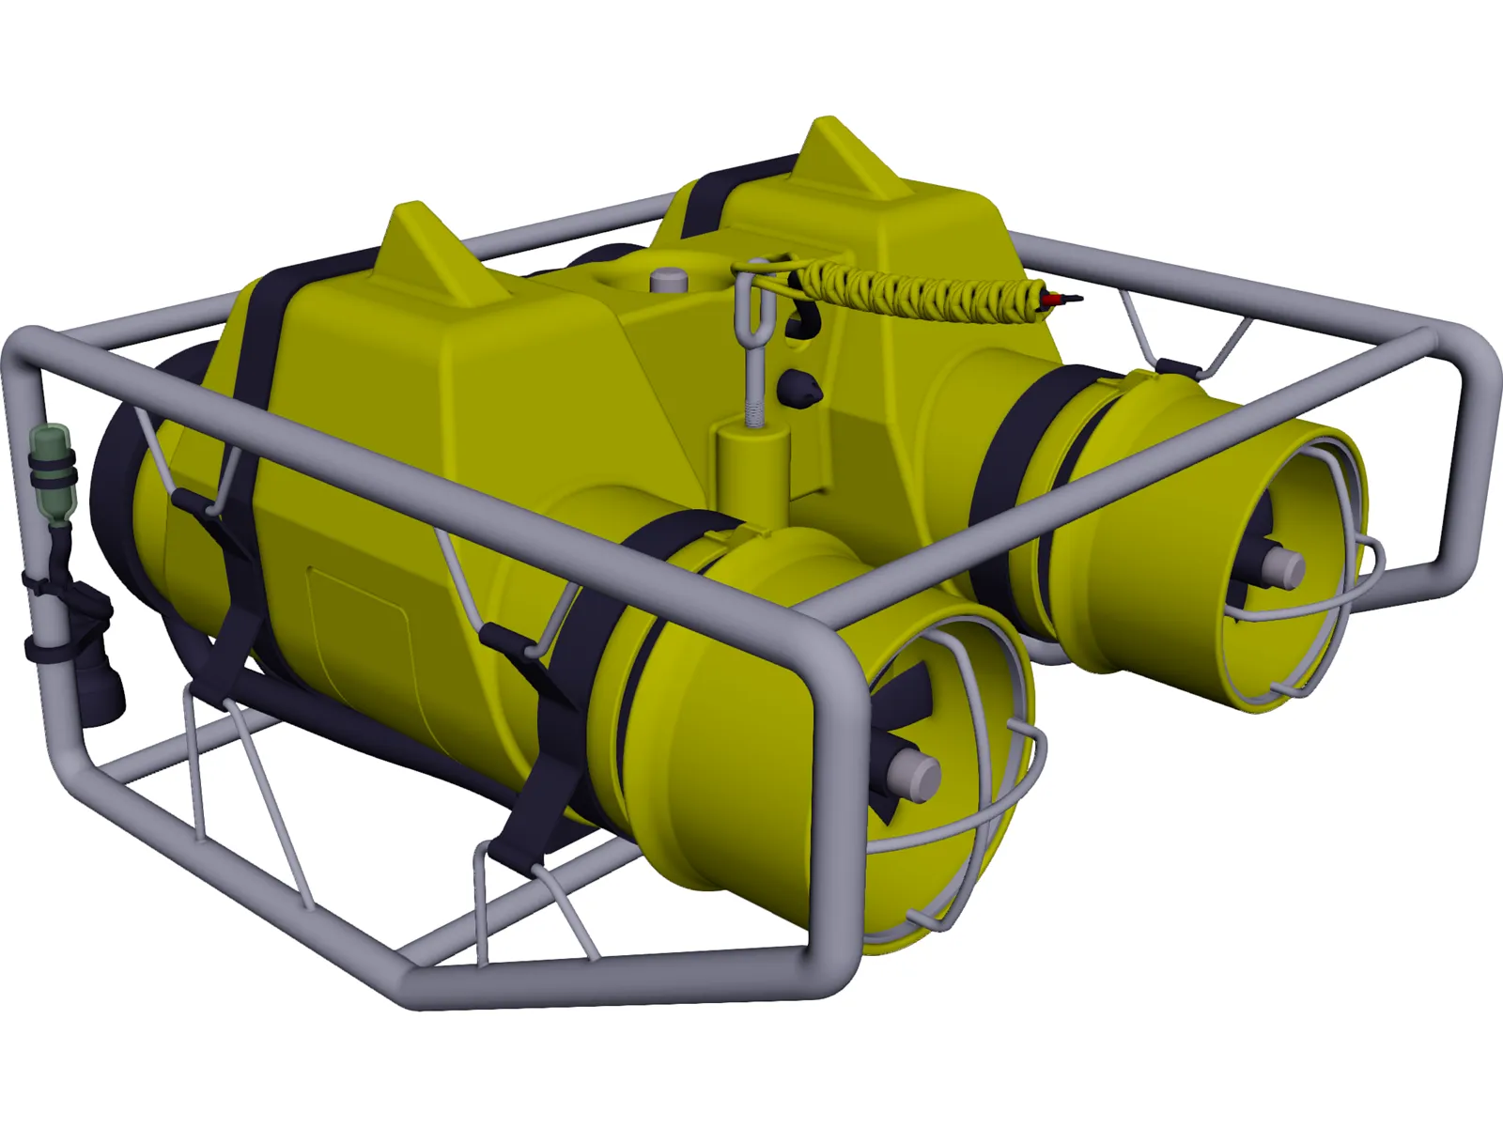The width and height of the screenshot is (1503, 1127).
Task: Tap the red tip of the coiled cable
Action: pos(1056,299)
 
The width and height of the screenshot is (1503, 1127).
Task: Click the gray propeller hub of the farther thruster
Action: pos(1282,565)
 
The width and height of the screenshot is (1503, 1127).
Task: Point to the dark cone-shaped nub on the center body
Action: pos(799,387)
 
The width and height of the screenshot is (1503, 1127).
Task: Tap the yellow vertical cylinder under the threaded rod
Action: pos(751,470)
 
